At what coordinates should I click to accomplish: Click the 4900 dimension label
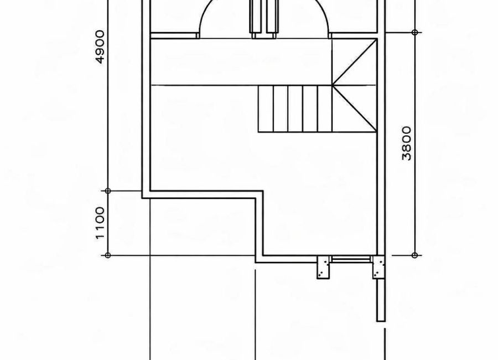(x=100, y=47)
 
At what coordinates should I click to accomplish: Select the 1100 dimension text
(x=100, y=223)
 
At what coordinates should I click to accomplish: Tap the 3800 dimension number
(x=407, y=143)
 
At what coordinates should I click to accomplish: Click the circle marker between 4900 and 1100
(x=108, y=191)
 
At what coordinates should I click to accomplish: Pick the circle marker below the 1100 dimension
(x=108, y=255)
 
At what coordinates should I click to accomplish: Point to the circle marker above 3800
(x=414, y=32)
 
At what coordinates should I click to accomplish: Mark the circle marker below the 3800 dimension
(x=414, y=255)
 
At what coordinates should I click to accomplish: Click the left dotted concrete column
(x=323, y=267)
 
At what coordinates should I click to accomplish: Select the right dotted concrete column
(x=379, y=267)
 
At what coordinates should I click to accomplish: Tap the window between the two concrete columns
(x=351, y=260)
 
